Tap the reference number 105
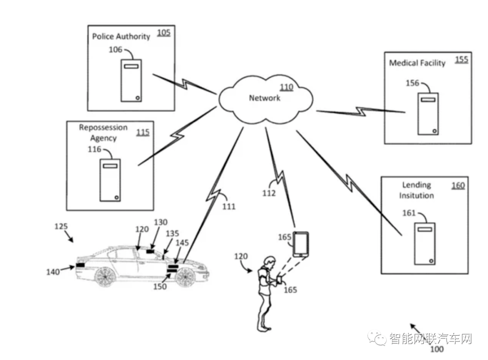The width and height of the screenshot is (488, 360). click(x=164, y=33)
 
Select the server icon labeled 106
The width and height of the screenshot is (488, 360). click(x=131, y=80)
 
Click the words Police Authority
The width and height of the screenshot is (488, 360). click(x=121, y=37)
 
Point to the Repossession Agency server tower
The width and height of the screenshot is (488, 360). click(x=110, y=180)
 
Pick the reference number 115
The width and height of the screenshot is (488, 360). click(x=143, y=132)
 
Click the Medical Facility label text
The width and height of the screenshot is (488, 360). click(x=418, y=63)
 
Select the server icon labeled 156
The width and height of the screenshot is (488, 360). click(x=428, y=113)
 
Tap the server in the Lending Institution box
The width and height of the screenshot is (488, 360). click(x=424, y=243)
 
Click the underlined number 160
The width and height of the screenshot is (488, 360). click(x=458, y=186)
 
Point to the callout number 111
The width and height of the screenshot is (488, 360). click(x=229, y=206)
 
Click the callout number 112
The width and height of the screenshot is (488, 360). click(x=269, y=193)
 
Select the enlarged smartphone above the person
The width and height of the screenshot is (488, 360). click(x=301, y=244)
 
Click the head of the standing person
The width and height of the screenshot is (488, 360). click(x=269, y=262)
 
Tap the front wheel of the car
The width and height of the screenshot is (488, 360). click(x=185, y=277)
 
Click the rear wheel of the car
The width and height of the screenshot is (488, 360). click(x=104, y=277)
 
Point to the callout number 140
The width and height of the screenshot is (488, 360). click(x=53, y=272)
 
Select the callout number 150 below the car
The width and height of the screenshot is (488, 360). click(x=160, y=286)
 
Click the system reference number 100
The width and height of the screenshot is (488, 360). click(x=436, y=349)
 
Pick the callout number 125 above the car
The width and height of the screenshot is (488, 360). click(x=61, y=226)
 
